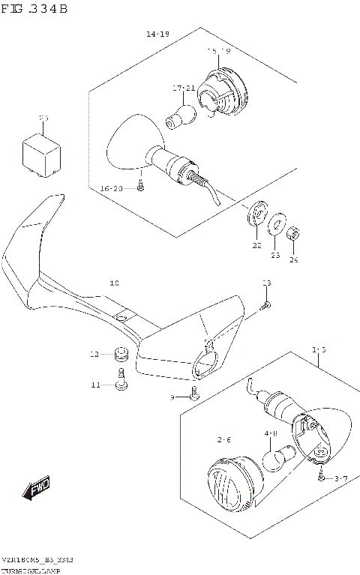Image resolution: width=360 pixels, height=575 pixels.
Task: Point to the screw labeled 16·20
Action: point(140,187)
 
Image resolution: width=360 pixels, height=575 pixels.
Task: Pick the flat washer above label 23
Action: point(275,222)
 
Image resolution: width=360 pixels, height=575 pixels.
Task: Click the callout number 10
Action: point(114,283)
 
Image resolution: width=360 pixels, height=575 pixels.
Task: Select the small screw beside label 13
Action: point(265,304)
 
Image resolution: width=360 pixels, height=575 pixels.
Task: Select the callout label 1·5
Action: point(319,349)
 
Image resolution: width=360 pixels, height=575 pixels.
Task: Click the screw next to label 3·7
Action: point(321,478)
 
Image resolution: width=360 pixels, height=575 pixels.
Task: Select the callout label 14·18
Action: point(157,34)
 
